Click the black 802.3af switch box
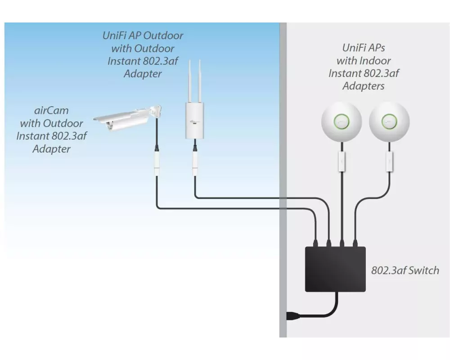click(x=335, y=269)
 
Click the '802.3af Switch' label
click(x=405, y=270)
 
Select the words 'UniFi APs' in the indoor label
click(x=364, y=48)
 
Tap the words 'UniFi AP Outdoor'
click(x=143, y=36)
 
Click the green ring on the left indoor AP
click(x=342, y=121)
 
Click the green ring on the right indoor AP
click(x=389, y=121)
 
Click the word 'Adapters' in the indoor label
click(x=364, y=86)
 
